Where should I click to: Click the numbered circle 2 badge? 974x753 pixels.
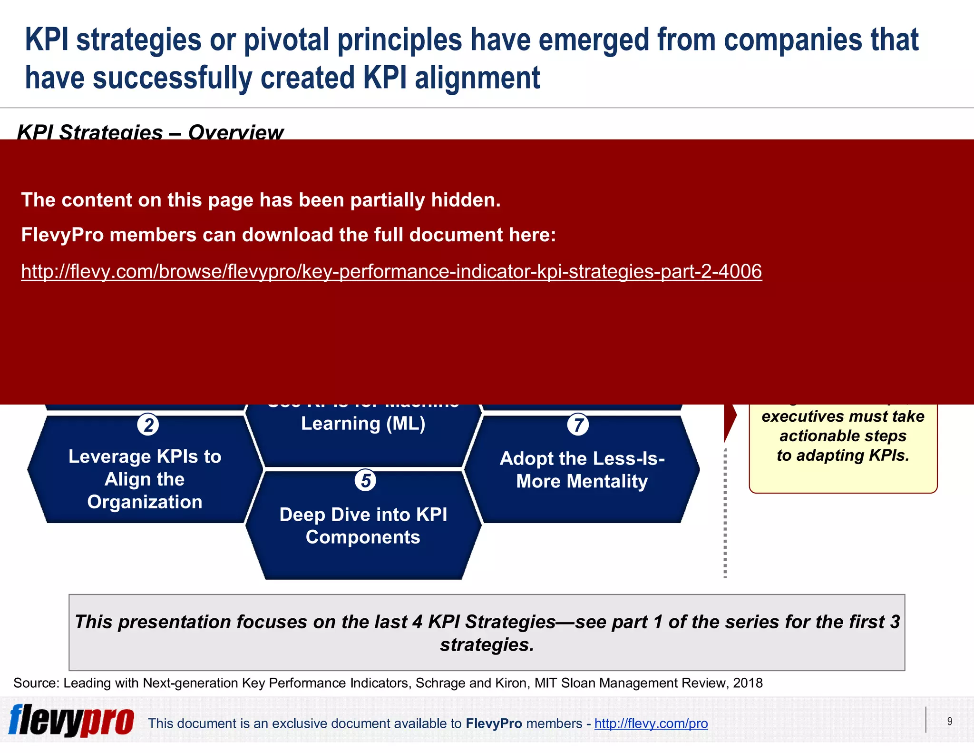point(148,425)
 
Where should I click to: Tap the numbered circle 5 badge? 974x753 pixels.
point(365,480)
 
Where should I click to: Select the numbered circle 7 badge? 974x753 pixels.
point(578,425)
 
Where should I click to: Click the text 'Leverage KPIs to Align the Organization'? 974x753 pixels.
point(145,479)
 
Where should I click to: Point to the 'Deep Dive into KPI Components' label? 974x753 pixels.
point(363,525)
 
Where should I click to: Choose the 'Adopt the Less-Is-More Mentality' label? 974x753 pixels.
point(582,469)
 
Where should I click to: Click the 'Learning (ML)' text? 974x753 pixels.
point(363,423)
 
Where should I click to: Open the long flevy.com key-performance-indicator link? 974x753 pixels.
point(391,271)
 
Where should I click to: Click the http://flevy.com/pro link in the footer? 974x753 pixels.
point(651,723)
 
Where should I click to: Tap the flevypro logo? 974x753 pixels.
point(71,721)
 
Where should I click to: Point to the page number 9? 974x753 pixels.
point(949,721)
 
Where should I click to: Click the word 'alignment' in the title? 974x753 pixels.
point(477,78)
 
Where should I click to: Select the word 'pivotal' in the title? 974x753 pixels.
point(286,40)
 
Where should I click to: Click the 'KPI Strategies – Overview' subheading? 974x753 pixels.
point(150,132)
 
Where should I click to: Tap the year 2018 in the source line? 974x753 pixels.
point(748,683)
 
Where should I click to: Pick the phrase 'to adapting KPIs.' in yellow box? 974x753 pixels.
point(843,456)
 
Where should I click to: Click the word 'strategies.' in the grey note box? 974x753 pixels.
point(487,645)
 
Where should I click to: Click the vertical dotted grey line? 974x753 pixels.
point(725,514)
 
